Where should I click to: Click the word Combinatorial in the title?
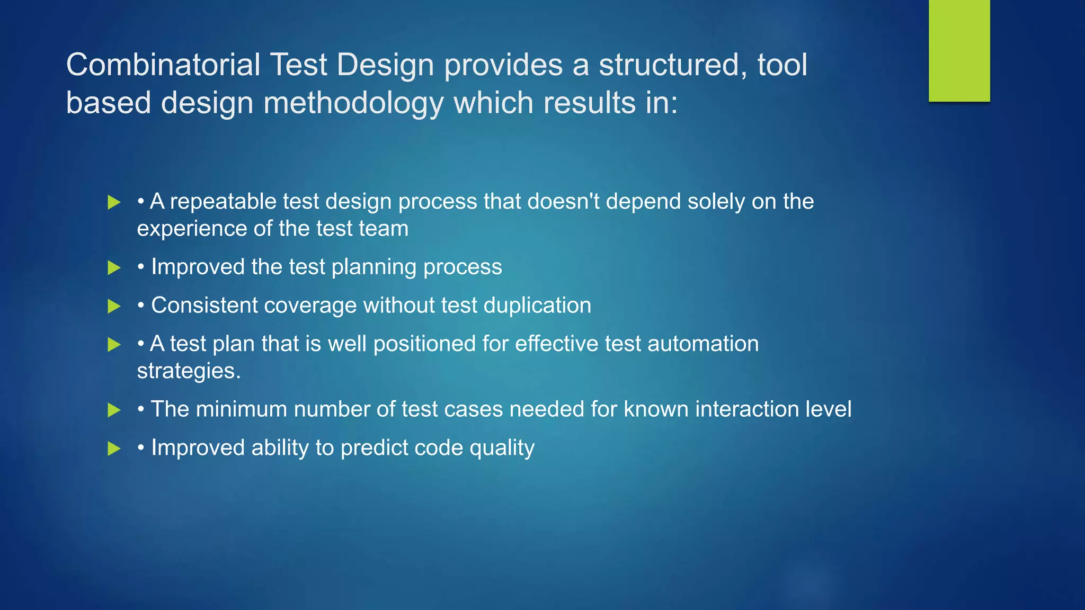pyautogui.click(x=163, y=65)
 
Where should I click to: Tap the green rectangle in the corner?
pyautogui.click(x=959, y=50)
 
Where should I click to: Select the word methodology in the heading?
pyautogui.click(x=353, y=103)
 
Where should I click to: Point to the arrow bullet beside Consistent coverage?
pyautogui.click(x=114, y=306)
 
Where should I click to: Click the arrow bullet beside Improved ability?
pyautogui.click(x=114, y=449)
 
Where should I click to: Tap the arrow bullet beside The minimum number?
pyautogui.click(x=114, y=410)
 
